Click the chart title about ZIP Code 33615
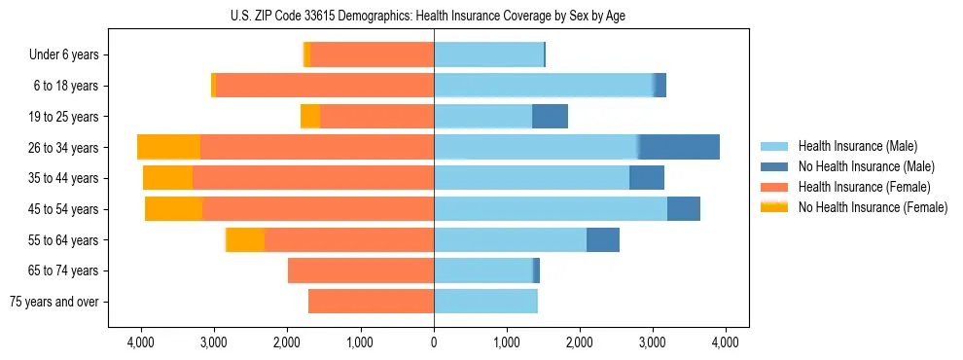point(434,15)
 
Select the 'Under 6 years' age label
point(64,55)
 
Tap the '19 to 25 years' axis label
point(63,117)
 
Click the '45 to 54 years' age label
point(63,209)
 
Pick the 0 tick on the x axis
point(434,342)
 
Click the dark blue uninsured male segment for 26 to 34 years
point(679,147)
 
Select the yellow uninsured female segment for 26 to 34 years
point(169,147)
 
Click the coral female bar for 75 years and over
point(371,302)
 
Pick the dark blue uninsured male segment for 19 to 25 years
point(550,117)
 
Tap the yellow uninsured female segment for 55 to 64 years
point(245,240)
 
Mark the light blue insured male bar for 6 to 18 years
point(544,86)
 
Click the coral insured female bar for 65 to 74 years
point(361,270)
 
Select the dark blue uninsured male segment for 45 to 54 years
point(684,209)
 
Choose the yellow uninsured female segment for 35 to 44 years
point(167,178)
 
